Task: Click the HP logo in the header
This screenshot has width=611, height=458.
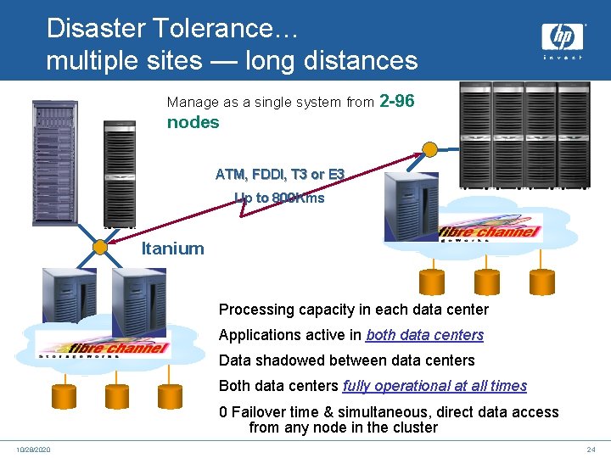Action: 563,37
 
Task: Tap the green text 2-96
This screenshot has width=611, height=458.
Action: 397,102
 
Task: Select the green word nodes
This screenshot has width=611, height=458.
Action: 193,122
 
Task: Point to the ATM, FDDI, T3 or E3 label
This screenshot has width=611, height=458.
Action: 280,175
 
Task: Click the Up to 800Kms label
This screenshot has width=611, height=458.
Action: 279,198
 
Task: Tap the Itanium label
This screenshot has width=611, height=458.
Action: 172,249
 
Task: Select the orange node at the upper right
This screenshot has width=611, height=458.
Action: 430,150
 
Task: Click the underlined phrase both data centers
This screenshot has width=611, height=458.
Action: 424,335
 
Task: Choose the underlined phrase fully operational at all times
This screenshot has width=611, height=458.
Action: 434,386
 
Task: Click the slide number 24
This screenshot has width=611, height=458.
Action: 591,449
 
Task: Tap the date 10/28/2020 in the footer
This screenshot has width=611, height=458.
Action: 32,449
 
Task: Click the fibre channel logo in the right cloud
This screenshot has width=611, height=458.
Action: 490,232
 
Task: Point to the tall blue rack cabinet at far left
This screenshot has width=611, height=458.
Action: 54,162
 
